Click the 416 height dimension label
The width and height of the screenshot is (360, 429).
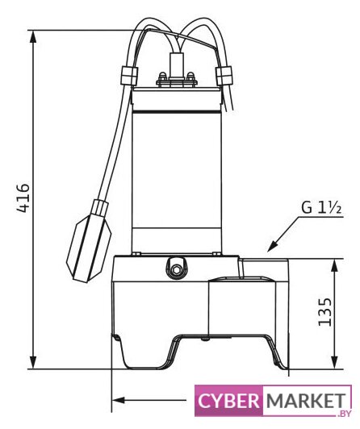tap(23, 198)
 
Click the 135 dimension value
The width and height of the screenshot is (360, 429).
tap(325, 311)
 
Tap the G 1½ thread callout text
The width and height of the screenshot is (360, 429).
tap(321, 208)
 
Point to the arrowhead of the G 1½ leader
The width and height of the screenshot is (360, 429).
tap(271, 247)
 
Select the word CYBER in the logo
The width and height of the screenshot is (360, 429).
tap(228, 401)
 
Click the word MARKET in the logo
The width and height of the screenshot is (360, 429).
tap(306, 401)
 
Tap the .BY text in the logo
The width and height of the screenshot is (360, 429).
tap(344, 414)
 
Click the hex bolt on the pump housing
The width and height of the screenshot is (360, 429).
tap(176, 270)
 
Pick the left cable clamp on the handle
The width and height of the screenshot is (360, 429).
tap(128, 76)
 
